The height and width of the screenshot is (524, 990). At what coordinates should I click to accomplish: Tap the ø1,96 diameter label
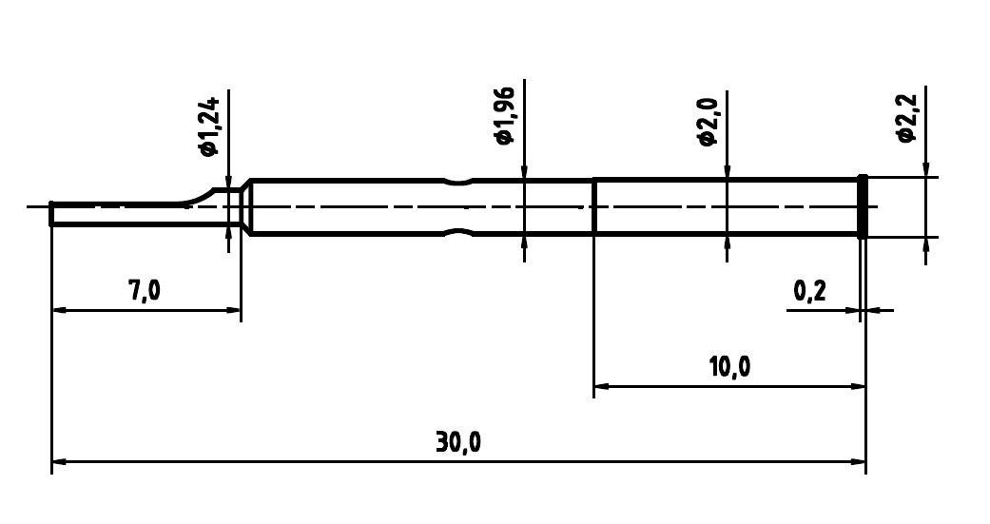pyautogui.click(x=504, y=115)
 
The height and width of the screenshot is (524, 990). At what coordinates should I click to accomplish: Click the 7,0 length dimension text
pyautogui.click(x=145, y=290)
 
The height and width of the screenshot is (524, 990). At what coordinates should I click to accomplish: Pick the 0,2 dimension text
pyautogui.click(x=809, y=291)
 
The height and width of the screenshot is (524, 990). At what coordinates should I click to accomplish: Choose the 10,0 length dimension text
pyautogui.click(x=729, y=366)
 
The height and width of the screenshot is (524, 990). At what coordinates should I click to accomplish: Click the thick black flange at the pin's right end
pyautogui.click(x=863, y=206)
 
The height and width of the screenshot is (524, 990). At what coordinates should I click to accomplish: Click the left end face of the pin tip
pyautogui.click(x=51, y=215)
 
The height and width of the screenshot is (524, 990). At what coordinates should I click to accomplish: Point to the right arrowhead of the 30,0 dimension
pyautogui.click(x=859, y=462)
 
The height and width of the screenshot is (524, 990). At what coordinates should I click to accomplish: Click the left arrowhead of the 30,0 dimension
pyautogui.click(x=59, y=462)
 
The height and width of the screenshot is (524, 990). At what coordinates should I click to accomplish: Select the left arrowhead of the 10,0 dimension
pyautogui.click(x=601, y=386)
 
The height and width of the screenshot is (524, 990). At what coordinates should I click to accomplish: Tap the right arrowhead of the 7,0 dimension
pyautogui.click(x=234, y=309)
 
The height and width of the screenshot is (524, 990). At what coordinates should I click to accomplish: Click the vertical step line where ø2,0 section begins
pyautogui.click(x=594, y=206)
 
